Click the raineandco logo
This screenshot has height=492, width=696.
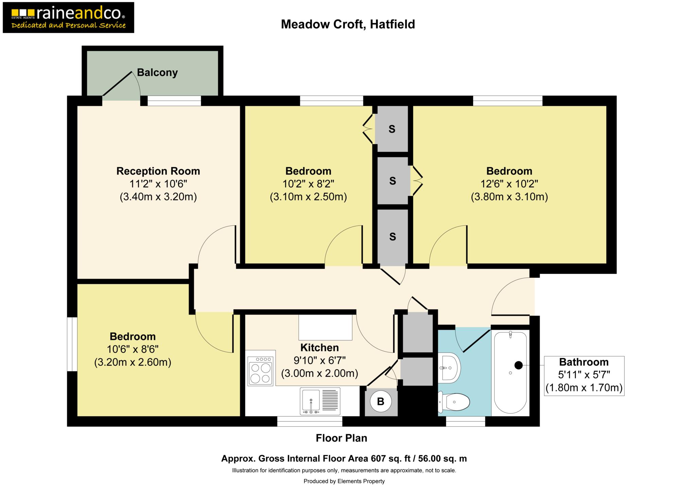tap(68, 17)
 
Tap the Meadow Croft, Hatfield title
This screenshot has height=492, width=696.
tap(348, 24)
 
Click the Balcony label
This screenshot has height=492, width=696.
tap(157, 72)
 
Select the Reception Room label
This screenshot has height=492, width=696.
tap(158, 171)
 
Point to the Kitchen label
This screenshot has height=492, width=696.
tap(319, 347)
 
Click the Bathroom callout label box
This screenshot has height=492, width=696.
tap(584, 376)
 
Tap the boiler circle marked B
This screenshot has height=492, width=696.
tap(381, 402)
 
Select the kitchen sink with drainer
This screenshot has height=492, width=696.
tap(320, 401)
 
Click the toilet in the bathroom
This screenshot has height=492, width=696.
tap(454, 402)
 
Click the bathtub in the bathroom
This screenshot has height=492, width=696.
tap(510, 373)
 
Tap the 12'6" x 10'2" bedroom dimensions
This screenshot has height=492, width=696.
tap(509, 184)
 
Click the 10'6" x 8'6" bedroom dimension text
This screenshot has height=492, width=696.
tap(133, 350)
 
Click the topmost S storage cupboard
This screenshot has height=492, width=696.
tap(392, 129)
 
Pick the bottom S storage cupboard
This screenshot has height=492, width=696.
tap(393, 237)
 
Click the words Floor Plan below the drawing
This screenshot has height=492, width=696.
tap(342, 438)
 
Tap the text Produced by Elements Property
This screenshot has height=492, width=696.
tap(344, 481)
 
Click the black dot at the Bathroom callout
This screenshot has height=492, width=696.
tap(519, 365)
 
